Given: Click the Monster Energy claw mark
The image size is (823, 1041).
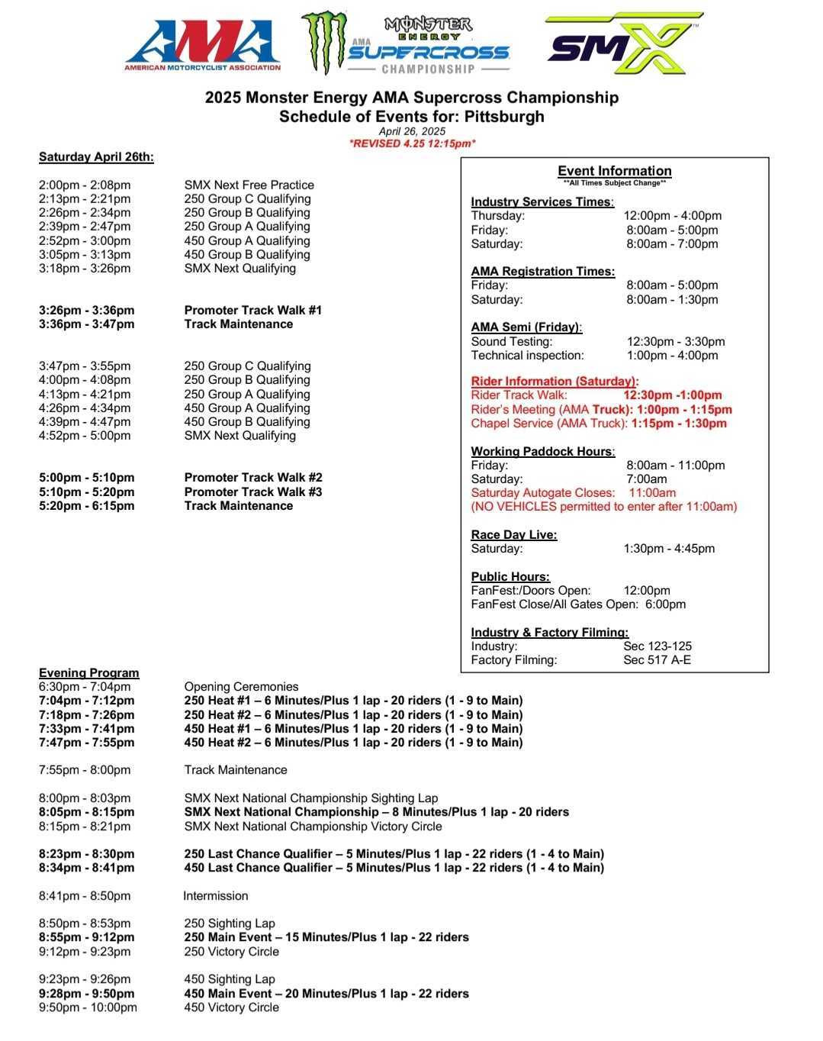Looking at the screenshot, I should (x=323, y=42).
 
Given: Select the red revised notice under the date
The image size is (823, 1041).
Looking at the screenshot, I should (x=412, y=143).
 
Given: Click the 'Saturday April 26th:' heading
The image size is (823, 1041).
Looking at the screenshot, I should (x=96, y=157).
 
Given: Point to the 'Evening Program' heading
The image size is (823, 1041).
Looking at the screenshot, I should (x=89, y=673).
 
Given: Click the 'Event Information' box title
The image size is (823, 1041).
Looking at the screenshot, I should (x=614, y=171).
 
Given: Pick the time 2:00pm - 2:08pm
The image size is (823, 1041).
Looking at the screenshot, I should (x=85, y=185).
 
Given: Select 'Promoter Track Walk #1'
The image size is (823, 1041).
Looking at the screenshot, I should (x=252, y=310).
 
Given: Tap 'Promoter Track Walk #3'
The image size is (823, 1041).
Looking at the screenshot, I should (x=252, y=491).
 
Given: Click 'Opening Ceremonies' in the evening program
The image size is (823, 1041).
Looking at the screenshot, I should (x=241, y=687).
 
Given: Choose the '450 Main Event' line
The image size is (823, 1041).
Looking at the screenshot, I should (x=326, y=994).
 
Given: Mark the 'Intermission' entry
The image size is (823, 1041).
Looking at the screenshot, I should (x=216, y=896).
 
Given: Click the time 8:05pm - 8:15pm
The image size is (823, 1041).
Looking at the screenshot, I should (x=86, y=812).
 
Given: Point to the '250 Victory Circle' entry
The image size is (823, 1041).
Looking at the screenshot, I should (x=231, y=952).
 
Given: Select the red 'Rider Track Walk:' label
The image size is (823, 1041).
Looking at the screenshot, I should (x=519, y=395).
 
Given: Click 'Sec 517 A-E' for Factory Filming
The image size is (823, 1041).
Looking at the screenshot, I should (x=657, y=660).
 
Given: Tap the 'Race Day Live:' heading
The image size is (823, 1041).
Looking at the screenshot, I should (x=513, y=535).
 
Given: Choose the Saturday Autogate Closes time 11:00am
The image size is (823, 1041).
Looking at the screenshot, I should (x=652, y=493).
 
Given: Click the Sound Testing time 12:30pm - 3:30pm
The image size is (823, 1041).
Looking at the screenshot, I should (x=676, y=342).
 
